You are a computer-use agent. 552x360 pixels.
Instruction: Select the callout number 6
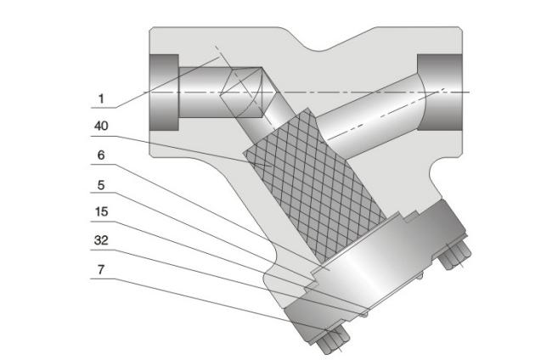(100, 155)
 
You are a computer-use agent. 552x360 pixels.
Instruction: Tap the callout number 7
(100, 269)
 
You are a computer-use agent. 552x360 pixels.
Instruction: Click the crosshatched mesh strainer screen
(310, 187)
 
